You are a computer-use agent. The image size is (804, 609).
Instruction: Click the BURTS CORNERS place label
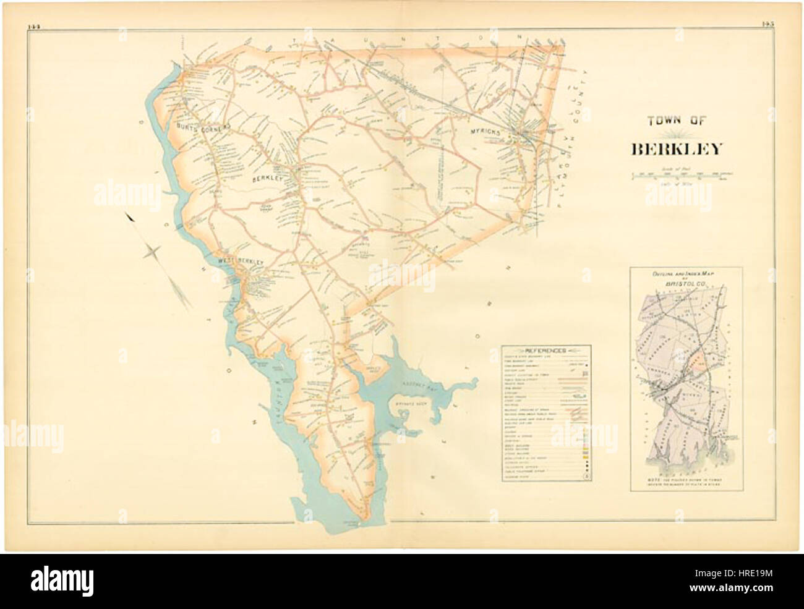point(203,126)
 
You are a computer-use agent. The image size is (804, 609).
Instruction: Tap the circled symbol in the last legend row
point(587,476)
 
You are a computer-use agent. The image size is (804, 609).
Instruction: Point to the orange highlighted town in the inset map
point(698,365)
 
